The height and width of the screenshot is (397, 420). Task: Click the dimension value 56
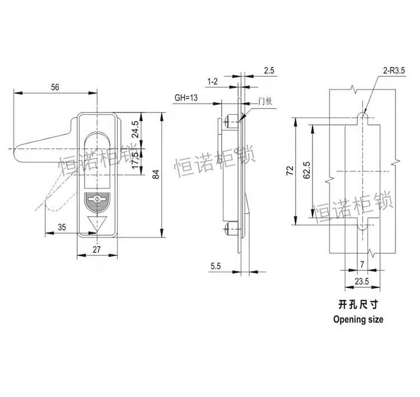tap(55, 87)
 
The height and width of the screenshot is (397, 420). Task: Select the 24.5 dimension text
tap(135, 130)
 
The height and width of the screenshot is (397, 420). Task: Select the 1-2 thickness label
tap(212, 82)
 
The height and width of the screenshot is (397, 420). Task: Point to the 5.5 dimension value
tap(216, 267)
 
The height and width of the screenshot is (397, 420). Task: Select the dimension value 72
tap(289, 171)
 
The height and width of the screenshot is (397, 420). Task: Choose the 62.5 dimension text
tap(306, 170)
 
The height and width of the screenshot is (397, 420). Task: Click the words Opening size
tap(358, 320)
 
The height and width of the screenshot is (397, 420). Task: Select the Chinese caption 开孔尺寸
tap(358, 306)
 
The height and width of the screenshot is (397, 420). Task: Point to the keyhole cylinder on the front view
tap(97, 199)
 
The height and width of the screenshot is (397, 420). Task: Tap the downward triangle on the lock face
tap(97, 222)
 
